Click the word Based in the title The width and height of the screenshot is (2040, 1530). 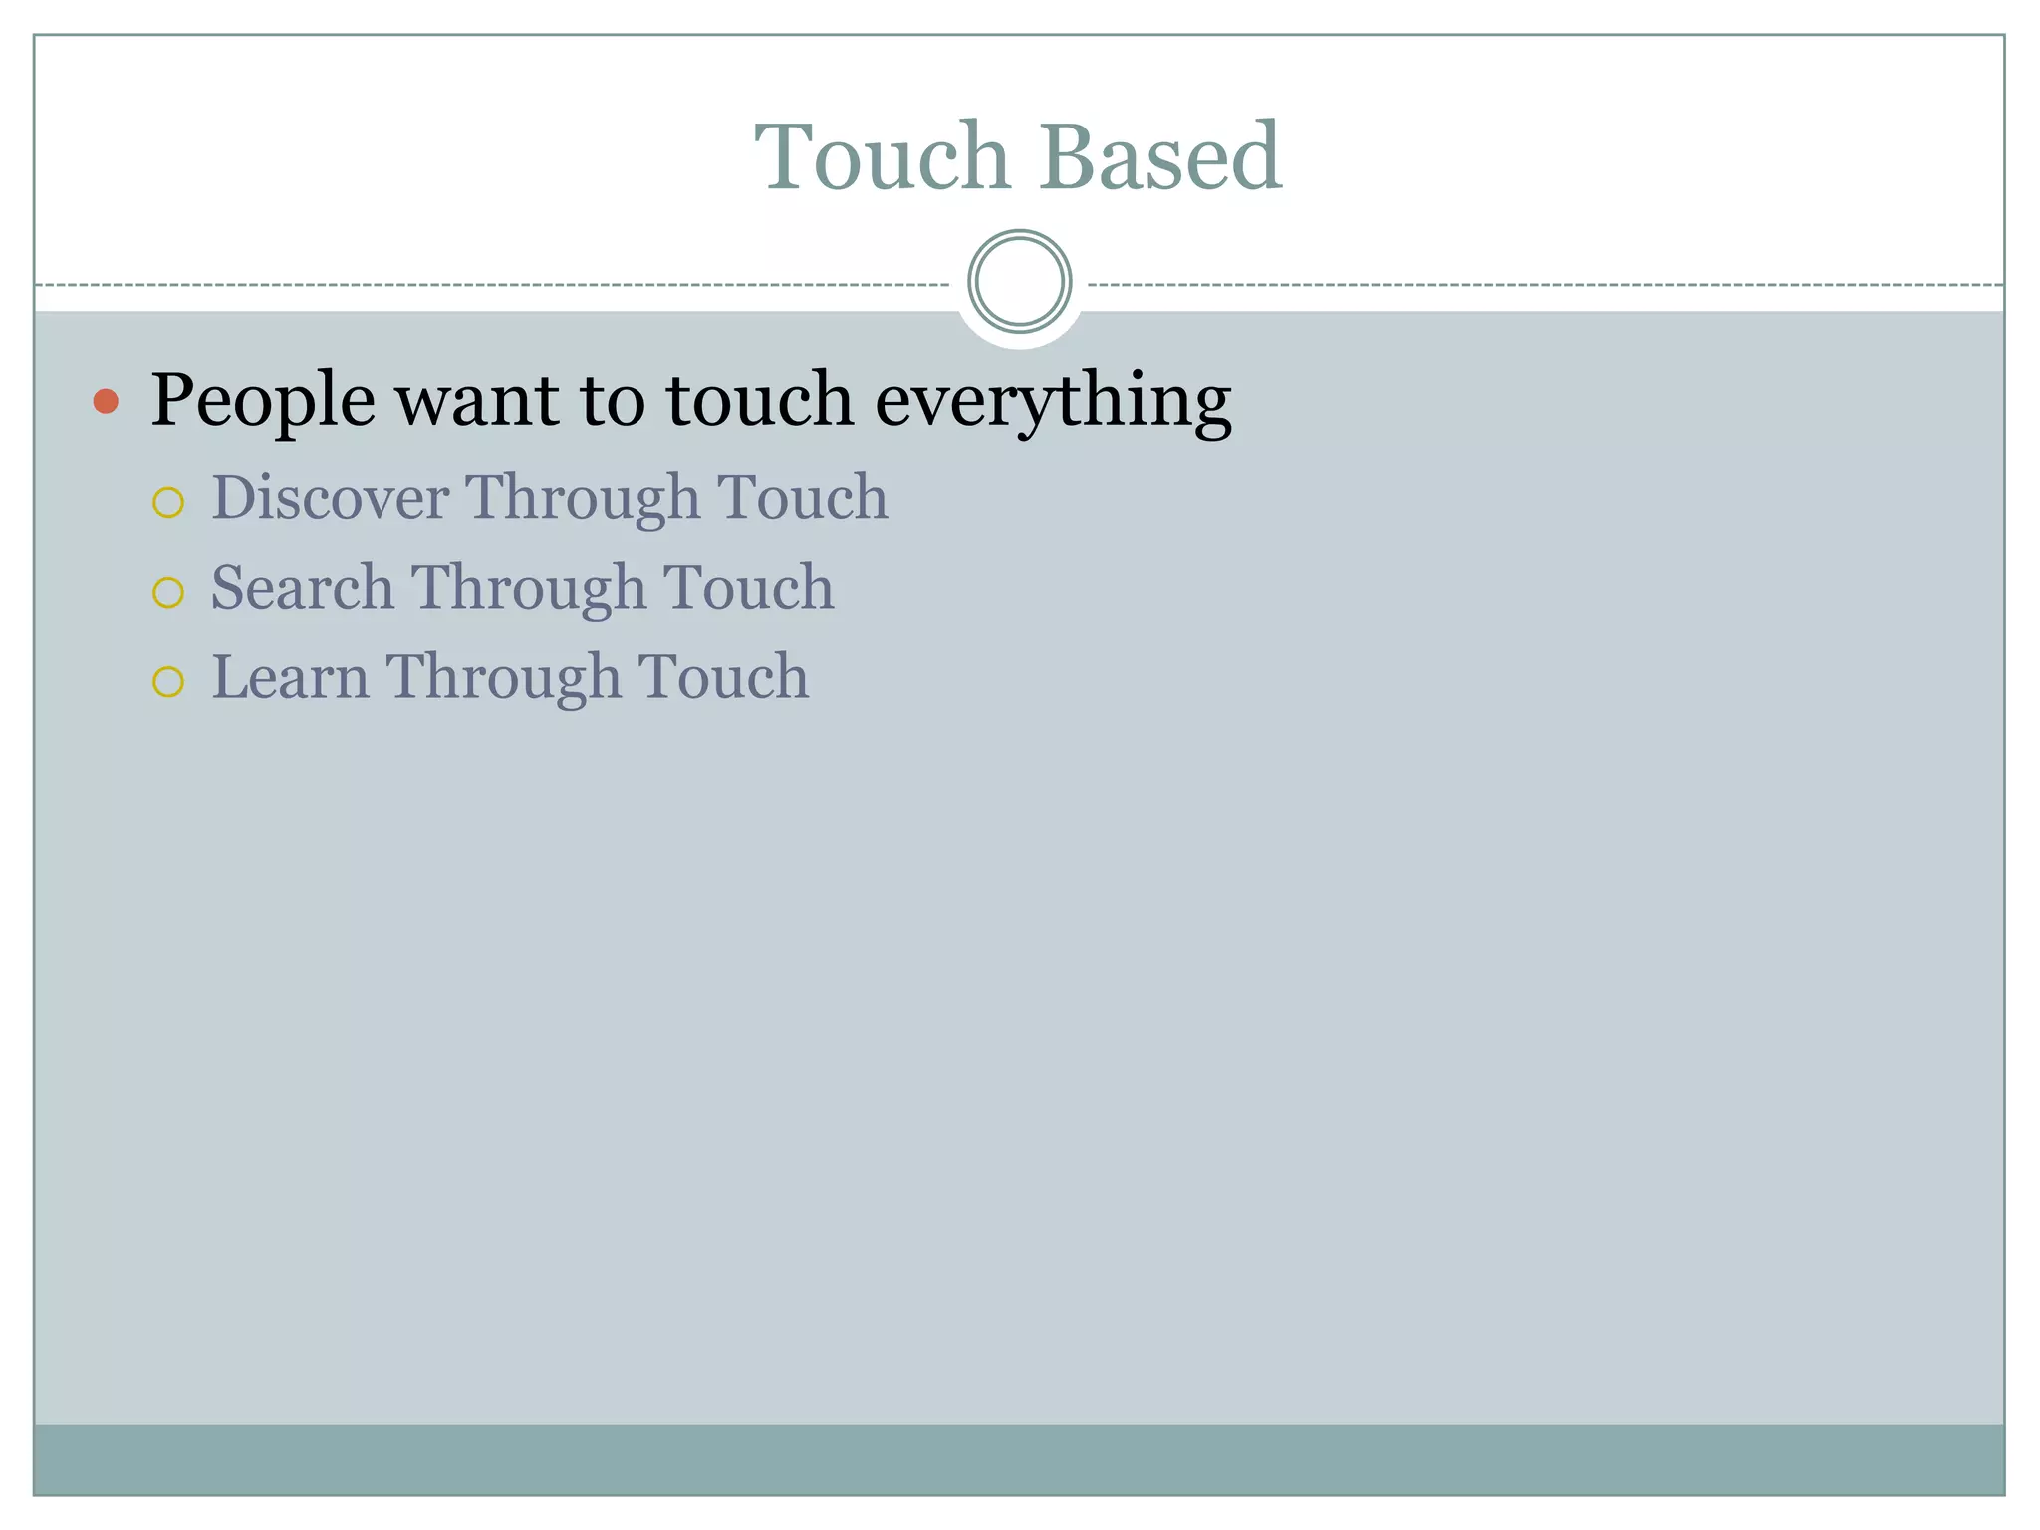pos(1160,156)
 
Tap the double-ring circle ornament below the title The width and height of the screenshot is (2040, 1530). pos(1019,282)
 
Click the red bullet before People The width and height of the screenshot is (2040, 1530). pos(106,401)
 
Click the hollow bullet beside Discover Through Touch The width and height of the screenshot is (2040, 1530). pos(168,502)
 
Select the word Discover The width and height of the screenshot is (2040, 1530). pos(330,497)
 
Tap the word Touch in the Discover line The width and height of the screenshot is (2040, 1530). pos(802,497)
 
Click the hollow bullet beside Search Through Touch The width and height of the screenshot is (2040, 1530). pos(168,593)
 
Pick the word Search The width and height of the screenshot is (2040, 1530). pos(303,587)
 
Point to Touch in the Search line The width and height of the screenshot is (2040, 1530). pos(748,587)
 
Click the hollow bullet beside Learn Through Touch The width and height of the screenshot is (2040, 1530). pos(168,682)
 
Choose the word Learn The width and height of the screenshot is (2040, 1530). pos(290,677)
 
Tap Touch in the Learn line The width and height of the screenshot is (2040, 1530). pos(722,677)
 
